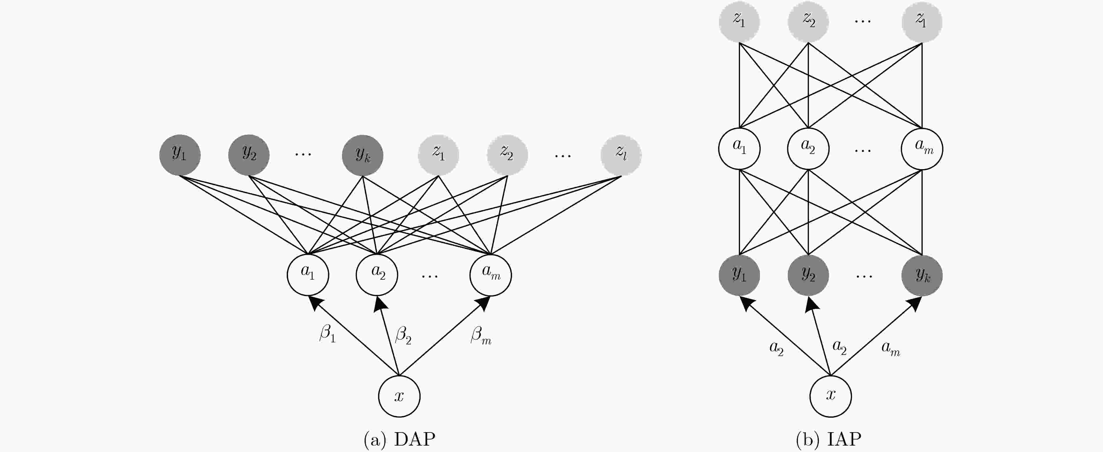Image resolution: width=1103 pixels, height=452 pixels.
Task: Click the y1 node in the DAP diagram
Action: click(x=180, y=155)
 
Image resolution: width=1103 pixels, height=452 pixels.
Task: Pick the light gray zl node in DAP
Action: click(x=621, y=155)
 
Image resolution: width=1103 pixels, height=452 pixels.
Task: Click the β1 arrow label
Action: click(x=328, y=333)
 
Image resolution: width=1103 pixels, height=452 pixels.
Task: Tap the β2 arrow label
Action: click(x=403, y=335)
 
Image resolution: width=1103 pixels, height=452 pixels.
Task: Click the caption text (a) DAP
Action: click(x=399, y=439)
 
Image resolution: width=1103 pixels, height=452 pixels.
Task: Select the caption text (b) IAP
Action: click(x=828, y=439)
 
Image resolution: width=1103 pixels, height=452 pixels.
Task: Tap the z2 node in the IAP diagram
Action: click(x=808, y=21)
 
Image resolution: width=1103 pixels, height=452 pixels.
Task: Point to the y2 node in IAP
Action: click(x=808, y=275)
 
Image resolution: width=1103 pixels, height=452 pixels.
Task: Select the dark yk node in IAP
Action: click(x=922, y=275)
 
